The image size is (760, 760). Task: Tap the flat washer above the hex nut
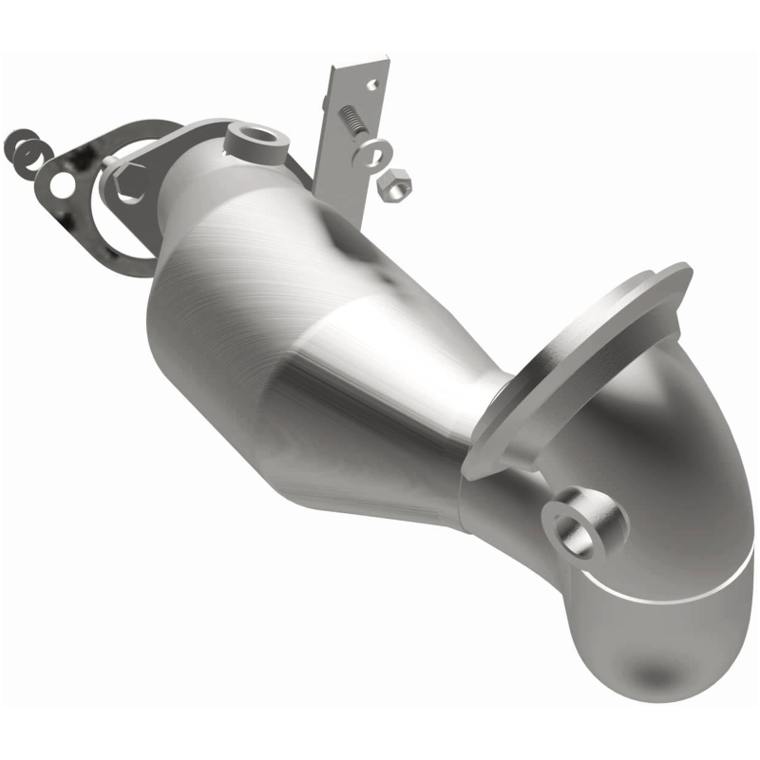pos(374,150)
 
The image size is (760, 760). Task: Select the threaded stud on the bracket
pos(351,121)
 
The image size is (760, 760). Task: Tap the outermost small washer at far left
pos(17,144)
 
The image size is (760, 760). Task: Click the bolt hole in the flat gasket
pos(62,186)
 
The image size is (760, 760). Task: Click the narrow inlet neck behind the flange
pos(190,190)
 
